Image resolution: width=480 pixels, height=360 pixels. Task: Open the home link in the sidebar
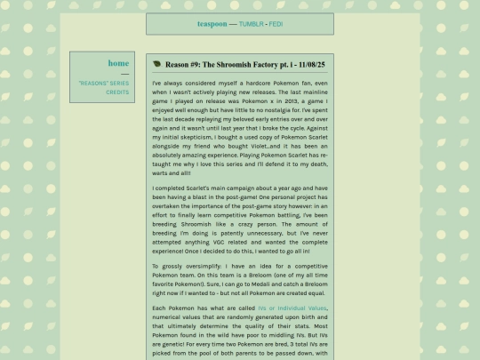pos(118,63)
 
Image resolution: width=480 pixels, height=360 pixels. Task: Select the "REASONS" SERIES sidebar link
pos(103,83)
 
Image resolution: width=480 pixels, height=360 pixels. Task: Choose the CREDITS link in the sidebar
pos(117,92)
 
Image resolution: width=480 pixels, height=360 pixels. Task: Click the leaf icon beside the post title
pos(157,64)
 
